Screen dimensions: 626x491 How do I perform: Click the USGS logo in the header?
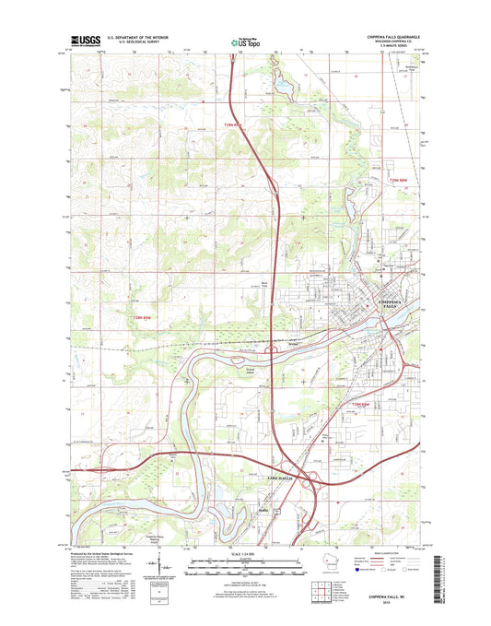[x=84, y=41]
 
